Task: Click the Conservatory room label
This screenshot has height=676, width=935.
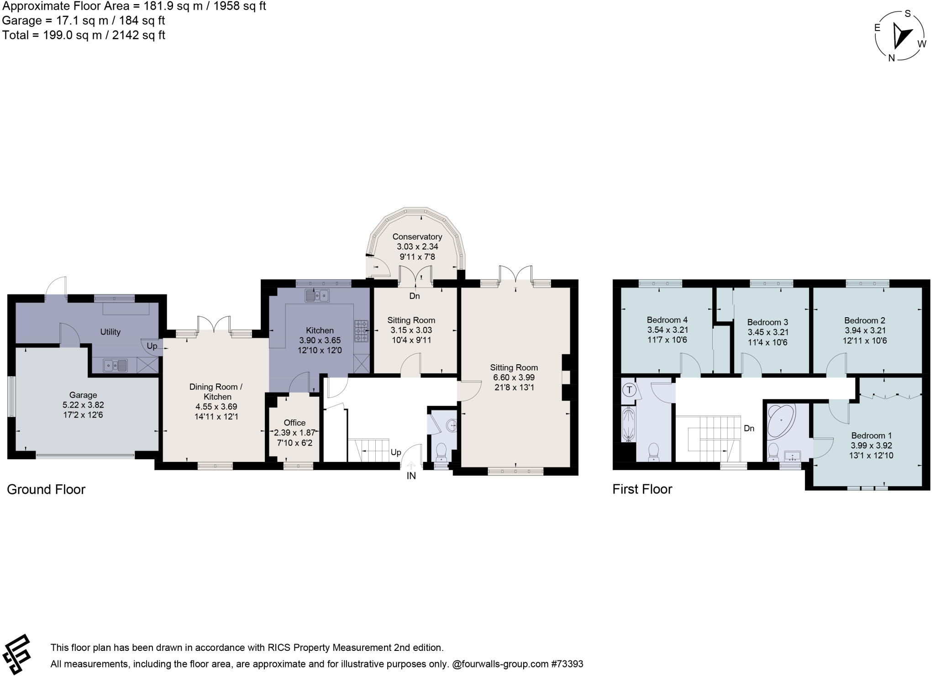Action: [417, 236]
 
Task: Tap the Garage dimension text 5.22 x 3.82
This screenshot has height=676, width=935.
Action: [83, 405]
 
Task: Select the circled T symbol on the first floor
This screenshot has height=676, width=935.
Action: [630, 390]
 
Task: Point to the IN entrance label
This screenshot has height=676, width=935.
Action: [411, 476]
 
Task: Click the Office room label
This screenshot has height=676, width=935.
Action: [294, 423]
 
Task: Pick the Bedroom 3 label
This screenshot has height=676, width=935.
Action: [767, 322]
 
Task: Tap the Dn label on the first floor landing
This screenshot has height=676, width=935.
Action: [749, 428]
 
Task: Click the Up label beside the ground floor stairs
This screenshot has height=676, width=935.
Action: [396, 452]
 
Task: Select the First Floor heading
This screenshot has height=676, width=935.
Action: [642, 489]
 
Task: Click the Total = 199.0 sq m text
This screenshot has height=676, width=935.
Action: [84, 35]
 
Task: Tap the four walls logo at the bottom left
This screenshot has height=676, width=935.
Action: [17, 654]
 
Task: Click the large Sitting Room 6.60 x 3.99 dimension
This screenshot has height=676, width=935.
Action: [514, 377]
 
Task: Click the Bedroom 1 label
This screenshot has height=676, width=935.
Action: [871, 435]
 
